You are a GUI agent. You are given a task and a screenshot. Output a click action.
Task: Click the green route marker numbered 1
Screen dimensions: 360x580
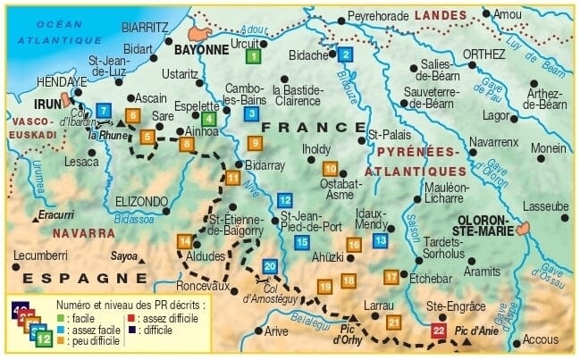[x=253, y=55]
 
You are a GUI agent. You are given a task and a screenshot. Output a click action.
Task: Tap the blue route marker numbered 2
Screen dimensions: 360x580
[x=345, y=54]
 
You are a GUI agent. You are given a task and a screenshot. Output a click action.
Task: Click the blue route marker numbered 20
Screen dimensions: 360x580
[x=270, y=266]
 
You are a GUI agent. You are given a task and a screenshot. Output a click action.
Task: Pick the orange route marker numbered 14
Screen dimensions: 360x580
[x=184, y=241]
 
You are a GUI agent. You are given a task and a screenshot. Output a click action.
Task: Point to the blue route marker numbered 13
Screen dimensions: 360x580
[x=380, y=239]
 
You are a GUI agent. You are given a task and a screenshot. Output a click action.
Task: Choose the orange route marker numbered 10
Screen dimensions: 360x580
[x=330, y=169]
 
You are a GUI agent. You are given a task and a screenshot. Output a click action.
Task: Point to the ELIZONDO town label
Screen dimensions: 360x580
[x=141, y=201]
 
